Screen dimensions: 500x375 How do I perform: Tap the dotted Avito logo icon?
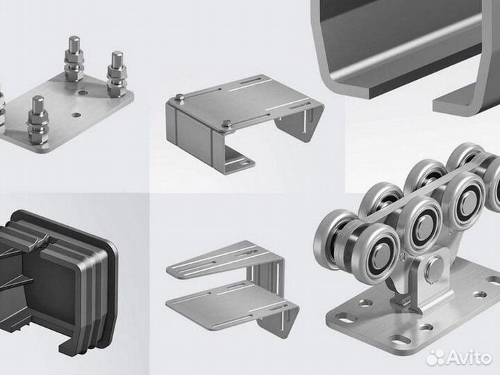click(x=435, y=357)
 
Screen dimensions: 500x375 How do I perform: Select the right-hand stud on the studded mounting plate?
click(x=117, y=74)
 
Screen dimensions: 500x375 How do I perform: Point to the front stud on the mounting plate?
click(x=38, y=120)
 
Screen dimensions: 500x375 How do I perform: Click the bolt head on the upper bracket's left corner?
click(x=180, y=97)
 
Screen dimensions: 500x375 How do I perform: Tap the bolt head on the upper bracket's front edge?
click(x=227, y=124)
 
